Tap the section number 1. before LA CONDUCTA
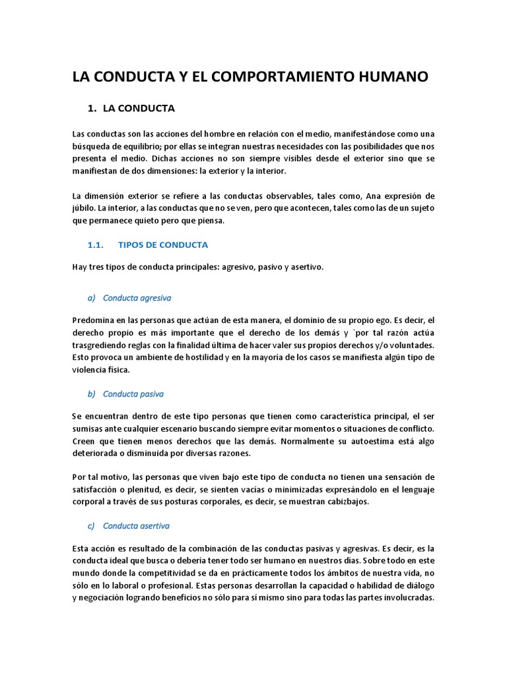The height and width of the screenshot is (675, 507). [x=92, y=107]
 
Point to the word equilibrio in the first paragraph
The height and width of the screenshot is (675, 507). [x=146, y=146]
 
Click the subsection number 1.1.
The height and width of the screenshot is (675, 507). [x=96, y=245]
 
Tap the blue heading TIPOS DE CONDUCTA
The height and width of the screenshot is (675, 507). [x=163, y=245]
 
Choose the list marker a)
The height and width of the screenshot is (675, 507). [x=92, y=297]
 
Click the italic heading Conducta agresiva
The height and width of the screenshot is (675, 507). [x=137, y=297]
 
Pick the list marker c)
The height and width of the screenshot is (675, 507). [x=92, y=525]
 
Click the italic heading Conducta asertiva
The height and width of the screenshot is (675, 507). [x=137, y=525]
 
